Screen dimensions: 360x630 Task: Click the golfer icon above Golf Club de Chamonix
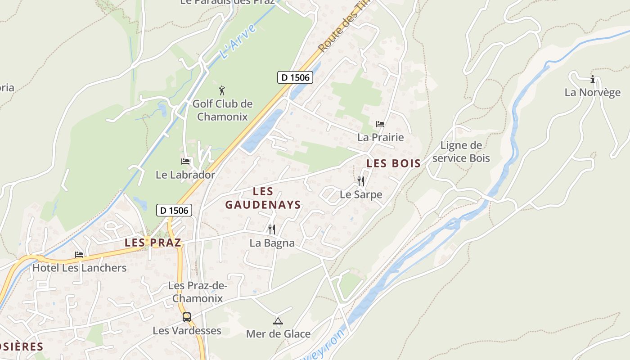pos(221,90)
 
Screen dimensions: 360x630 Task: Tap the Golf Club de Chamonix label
pos(222,110)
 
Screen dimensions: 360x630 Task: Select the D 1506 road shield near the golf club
pos(295,77)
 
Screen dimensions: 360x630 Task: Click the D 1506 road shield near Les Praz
pos(175,210)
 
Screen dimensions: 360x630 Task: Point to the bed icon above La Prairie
pos(380,124)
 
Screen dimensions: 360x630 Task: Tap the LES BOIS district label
pos(393,163)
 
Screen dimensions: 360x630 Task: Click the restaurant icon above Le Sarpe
pos(361,181)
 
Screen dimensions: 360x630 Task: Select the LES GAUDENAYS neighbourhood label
pos(263,198)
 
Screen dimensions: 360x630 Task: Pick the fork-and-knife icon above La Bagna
pos(272,229)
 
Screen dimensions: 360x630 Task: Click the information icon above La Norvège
pos(593,80)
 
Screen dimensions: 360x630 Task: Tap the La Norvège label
pos(593,93)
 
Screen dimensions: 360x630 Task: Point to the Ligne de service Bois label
pos(461,152)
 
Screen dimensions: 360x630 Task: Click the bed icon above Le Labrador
pos(185,162)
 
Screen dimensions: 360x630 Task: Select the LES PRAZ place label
pos(153,243)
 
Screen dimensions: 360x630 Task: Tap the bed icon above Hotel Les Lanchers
pos(79,255)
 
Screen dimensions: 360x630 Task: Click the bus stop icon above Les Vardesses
pos(187,317)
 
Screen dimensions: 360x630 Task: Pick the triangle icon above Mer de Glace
pos(278,321)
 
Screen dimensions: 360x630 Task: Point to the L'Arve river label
pos(238,41)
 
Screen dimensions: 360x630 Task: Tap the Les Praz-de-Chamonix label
pos(198,292)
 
